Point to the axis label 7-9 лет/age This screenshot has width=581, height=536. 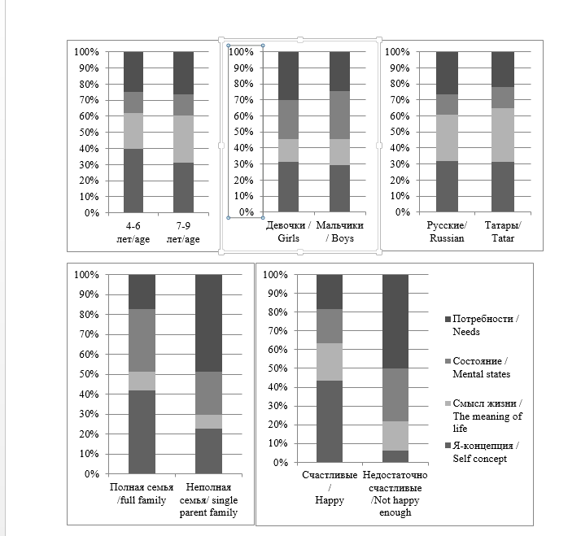tap(183, 232)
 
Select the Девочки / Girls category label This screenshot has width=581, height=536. tap(288, 231)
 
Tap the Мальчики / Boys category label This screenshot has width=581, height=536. tap(339, 231)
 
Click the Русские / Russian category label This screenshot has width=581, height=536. tap(446, 231)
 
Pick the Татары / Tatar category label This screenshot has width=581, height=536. tap(502, 231)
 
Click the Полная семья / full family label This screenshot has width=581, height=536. tap(142, 493)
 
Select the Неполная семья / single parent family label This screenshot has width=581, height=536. tap(210, 499)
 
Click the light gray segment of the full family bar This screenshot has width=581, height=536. tap(142, 381)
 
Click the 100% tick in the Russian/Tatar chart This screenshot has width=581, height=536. tap(396, 51)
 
